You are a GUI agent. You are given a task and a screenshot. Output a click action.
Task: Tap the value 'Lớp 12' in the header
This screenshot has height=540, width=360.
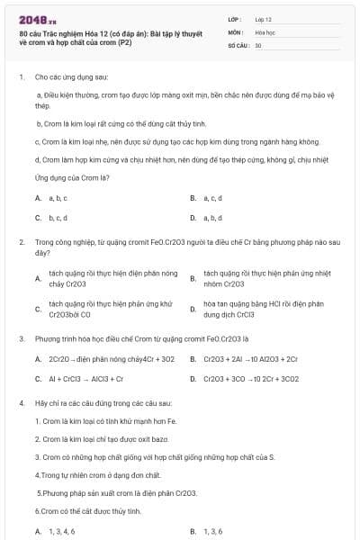264,18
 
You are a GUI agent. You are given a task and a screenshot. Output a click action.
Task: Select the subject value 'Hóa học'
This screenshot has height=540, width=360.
265,31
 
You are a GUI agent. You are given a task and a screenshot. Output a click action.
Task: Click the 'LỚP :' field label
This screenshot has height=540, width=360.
235,18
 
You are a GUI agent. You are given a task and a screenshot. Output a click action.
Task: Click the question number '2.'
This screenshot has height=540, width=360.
22,242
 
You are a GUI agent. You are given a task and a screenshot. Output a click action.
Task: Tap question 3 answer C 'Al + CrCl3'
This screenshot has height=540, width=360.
86,379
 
